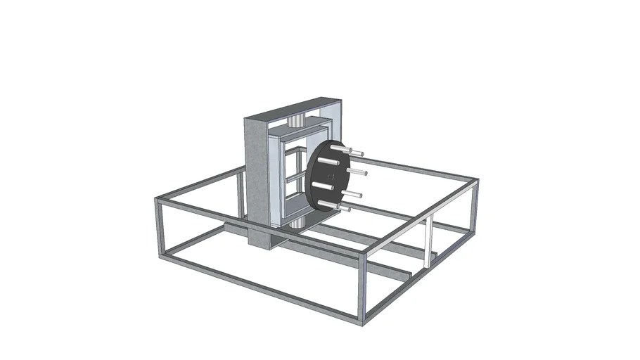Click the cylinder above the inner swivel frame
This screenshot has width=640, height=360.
pyautogui.click(x=297, y=120)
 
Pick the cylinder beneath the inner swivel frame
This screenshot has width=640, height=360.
pyautogui.click(x=296, y=222)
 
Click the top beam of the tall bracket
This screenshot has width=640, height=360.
pyautogui.click(x=295, y=105)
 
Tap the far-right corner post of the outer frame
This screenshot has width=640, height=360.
pyautogui.click(x=475, y=207)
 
